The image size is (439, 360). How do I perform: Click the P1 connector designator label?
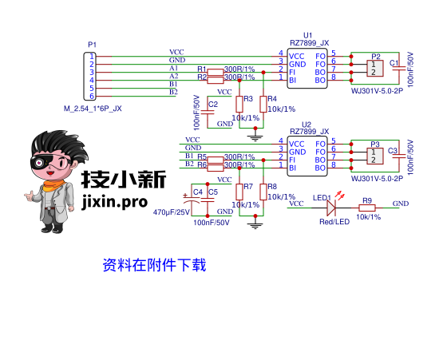92,45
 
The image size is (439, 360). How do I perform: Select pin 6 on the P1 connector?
93,96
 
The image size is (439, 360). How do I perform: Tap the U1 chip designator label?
307,36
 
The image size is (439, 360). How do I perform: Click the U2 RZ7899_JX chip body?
307,152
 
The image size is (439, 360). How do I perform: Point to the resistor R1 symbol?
216,71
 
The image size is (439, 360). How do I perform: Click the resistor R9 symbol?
367,208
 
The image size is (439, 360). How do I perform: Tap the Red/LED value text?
334,222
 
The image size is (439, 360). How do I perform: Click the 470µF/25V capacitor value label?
172,213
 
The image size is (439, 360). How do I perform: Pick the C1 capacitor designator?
394,63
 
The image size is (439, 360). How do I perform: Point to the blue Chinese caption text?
154,265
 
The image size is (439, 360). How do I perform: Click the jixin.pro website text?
115,203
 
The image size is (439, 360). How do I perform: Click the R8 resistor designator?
272,187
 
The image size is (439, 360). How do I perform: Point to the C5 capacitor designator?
212,192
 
